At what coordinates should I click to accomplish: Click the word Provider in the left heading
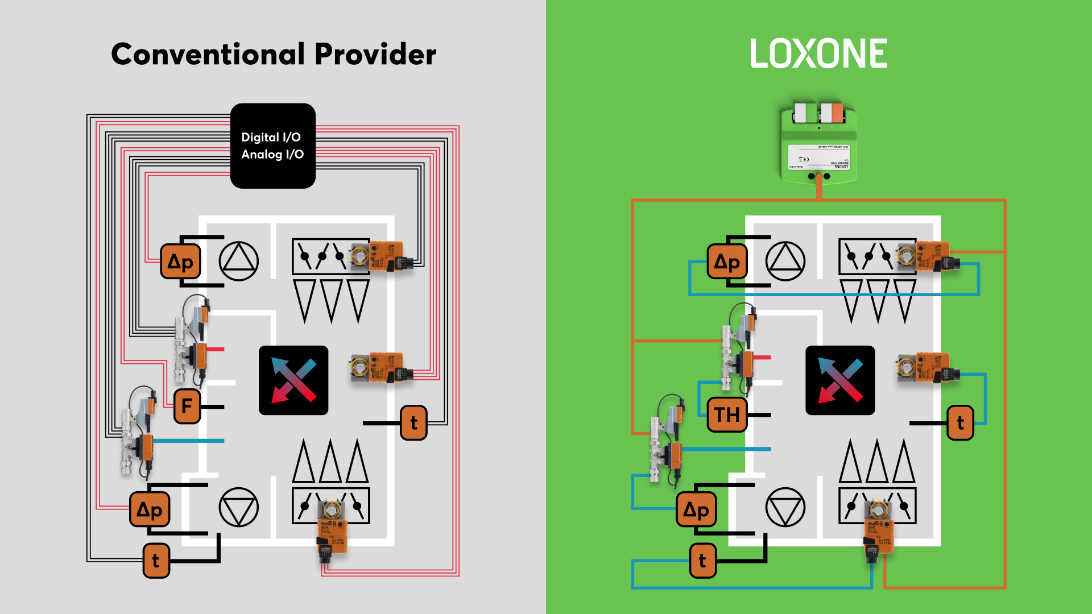(375, 55)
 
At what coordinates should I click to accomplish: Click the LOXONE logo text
(818, 54)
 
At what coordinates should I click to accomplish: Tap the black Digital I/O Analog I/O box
(272, 146)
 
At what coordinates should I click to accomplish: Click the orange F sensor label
(187, 406)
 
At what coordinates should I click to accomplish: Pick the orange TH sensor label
(727, 414)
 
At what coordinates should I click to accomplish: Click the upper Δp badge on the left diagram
(180, 262)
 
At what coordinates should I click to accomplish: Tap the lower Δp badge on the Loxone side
(696, 510)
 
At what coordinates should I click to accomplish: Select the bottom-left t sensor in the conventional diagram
(156, 561)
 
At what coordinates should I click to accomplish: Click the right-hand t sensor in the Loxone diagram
(960, 422)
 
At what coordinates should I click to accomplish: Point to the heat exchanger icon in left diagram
(293, 380)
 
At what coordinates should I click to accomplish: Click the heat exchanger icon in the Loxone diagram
(840, 380)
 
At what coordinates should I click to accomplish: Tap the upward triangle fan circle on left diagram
(239, 261)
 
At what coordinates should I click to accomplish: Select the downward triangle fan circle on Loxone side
(785, 507)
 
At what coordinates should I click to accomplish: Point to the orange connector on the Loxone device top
(832, 113)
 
